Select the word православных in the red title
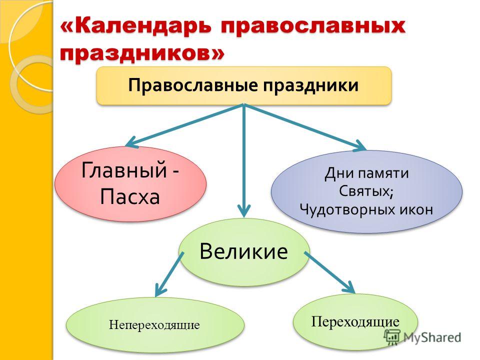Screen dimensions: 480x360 [x=313, y=27]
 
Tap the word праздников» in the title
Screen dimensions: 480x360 [x=142, y=54]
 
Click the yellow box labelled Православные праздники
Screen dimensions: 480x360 [x=244, y=85]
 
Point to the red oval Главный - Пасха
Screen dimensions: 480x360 [x=130, y=183]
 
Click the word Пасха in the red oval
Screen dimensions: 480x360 [x=130, y=197]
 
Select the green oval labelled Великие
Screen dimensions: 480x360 [x=244, y=252]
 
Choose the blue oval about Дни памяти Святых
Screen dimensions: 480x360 [x=366, y=191]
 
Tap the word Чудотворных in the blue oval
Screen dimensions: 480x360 [x=347, y=210]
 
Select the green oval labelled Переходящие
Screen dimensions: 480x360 [x=355, y=322]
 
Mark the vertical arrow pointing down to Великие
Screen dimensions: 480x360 [x=244, y=160]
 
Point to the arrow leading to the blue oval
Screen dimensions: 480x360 [x=305, y=127]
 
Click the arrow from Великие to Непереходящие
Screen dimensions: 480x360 [x=169, y=274]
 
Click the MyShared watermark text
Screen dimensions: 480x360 [x=432, y=337]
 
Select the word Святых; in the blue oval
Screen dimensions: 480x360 [x=366, y=191]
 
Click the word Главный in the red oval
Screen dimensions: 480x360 [x=124, y=170]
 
